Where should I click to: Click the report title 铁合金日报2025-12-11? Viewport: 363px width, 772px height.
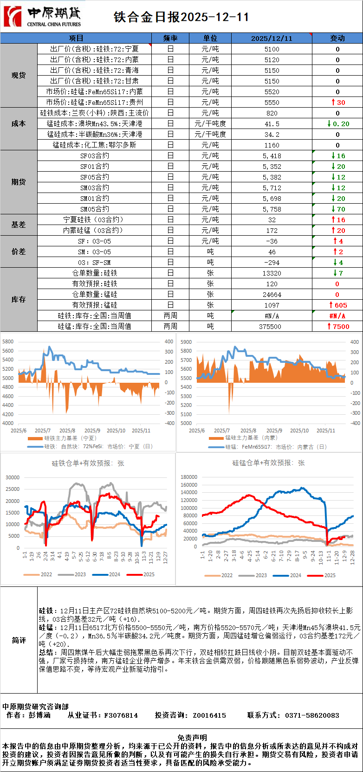pos(181,17)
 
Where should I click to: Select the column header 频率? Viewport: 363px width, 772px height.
pos(170,38)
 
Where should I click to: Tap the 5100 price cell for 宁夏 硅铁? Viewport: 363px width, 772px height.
pos(272,49)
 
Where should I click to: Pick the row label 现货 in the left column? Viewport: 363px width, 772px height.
pos(19,75)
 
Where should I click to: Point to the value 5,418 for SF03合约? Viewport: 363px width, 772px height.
pos(272,156)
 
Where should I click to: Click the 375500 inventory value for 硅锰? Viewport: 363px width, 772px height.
pos(272,327)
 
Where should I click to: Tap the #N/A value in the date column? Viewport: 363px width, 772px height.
pos(272,316)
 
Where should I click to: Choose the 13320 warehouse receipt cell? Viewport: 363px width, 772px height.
pos(272,273)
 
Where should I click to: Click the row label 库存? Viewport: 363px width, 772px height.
pos(19,300)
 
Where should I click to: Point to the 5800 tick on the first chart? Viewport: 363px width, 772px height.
pos(8,341)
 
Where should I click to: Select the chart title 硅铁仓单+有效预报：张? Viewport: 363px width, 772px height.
pos(88,463)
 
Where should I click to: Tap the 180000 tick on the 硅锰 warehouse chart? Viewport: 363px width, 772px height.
pos(189,477)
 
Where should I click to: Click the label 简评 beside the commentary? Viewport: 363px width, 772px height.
pos(19,640)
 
